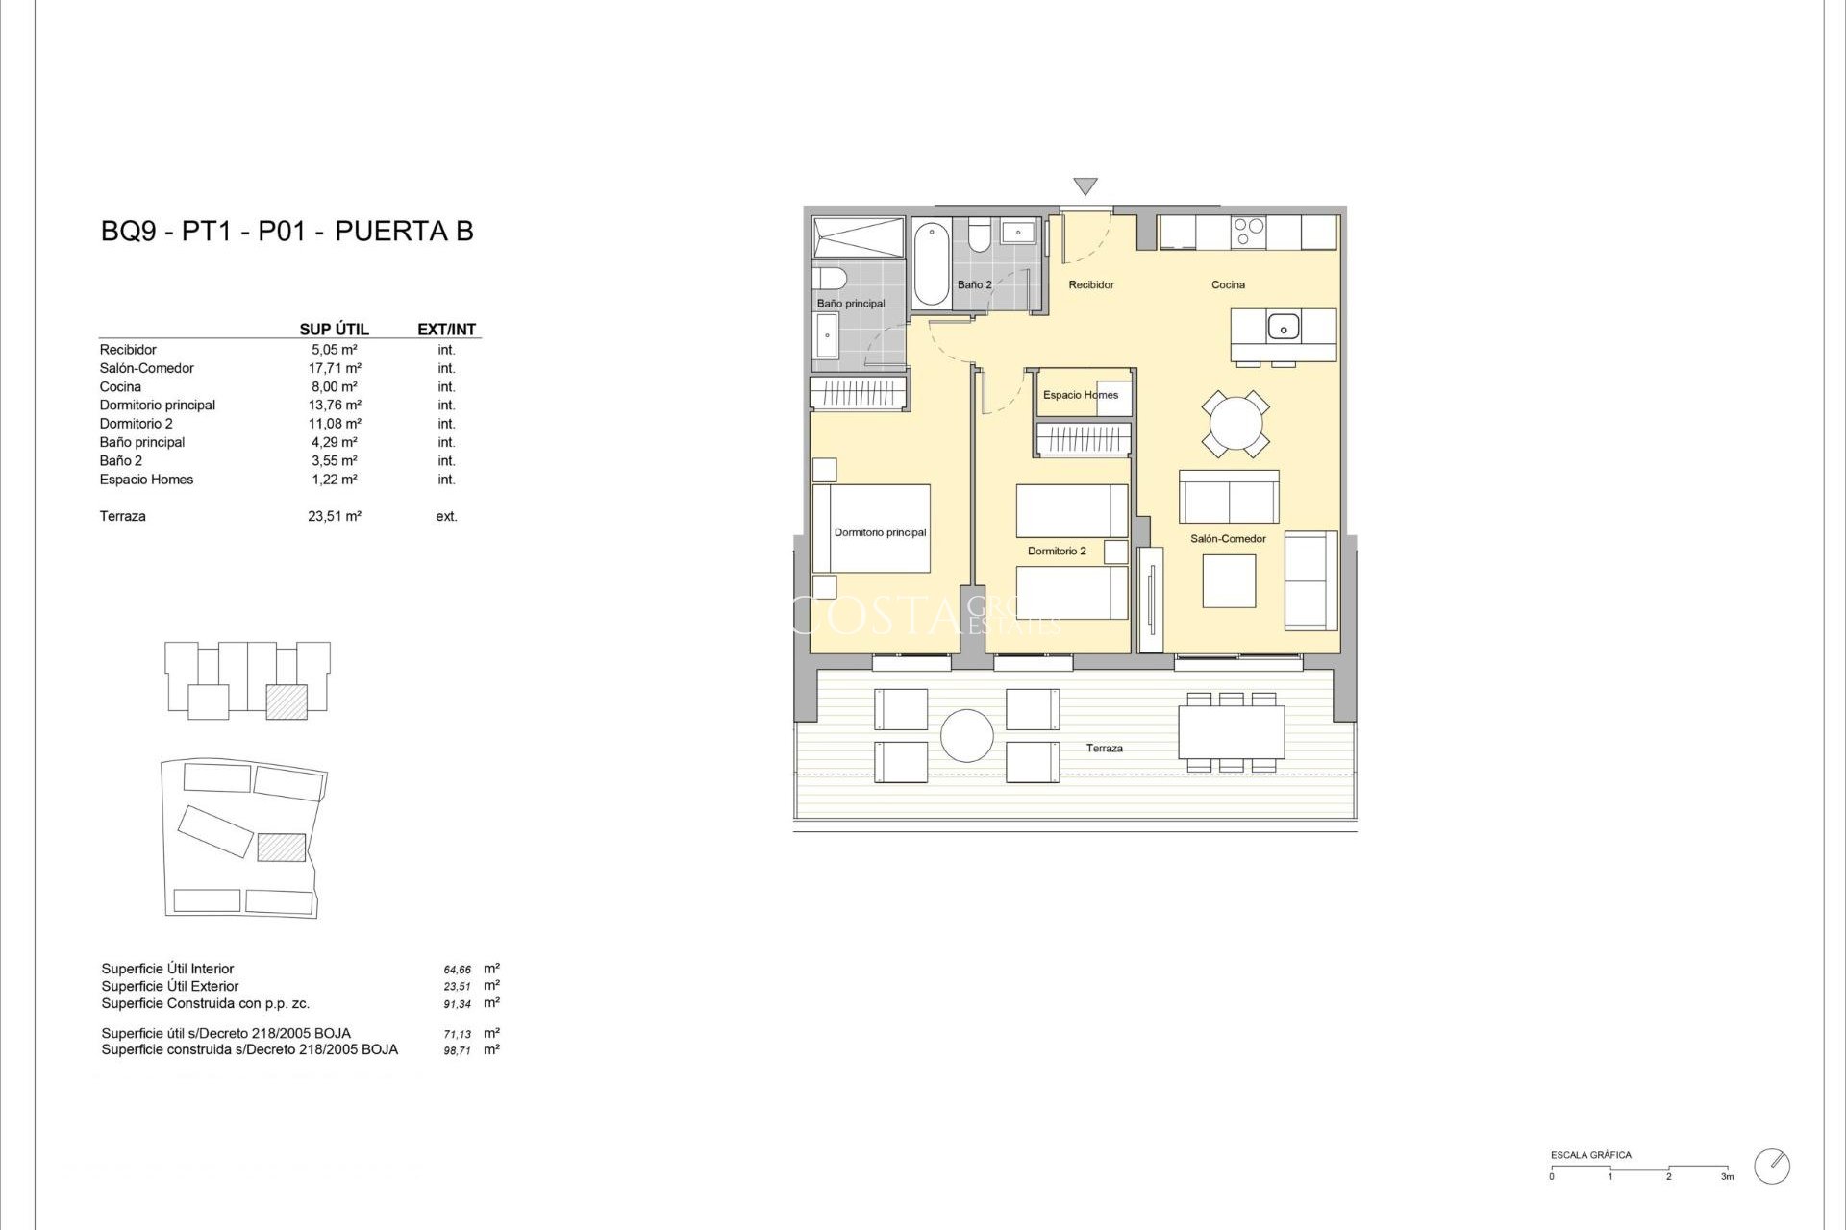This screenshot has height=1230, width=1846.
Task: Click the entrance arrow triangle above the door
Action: pos(1085,186)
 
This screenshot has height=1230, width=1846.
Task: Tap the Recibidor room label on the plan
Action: pos(1091,284)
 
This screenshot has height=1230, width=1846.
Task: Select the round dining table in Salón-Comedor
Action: pos(1235,423)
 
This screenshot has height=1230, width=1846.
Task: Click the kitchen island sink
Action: pos(1283,328)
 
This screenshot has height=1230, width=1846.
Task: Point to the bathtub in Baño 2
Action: pos(931,263)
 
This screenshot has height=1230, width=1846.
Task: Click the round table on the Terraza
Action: pos(966,736)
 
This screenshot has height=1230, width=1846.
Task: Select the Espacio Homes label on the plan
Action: pos(1081,395)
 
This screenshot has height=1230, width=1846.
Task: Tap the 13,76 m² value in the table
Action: pos(335,406)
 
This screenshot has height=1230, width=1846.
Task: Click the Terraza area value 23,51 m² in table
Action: pos(335,517)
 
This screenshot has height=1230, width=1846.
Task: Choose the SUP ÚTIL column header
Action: pos(334,330)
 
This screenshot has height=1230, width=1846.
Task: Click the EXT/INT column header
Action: pos(446,330)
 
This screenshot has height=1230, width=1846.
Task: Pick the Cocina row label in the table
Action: pos(120,387)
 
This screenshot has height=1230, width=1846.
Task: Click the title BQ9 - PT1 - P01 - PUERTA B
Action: pos(287,232)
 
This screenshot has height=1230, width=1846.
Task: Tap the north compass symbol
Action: pos(1771,1166)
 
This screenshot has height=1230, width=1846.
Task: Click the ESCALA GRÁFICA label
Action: pos(1590,1155)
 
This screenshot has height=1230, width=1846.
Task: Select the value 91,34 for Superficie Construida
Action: pos(458,1004)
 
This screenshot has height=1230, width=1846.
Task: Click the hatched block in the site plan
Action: pos(282,847)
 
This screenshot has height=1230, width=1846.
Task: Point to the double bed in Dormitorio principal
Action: pos(872,529)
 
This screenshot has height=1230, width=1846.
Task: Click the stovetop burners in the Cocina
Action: pos(1249,232)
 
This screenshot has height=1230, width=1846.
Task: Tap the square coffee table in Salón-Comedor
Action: pos(1229,581)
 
